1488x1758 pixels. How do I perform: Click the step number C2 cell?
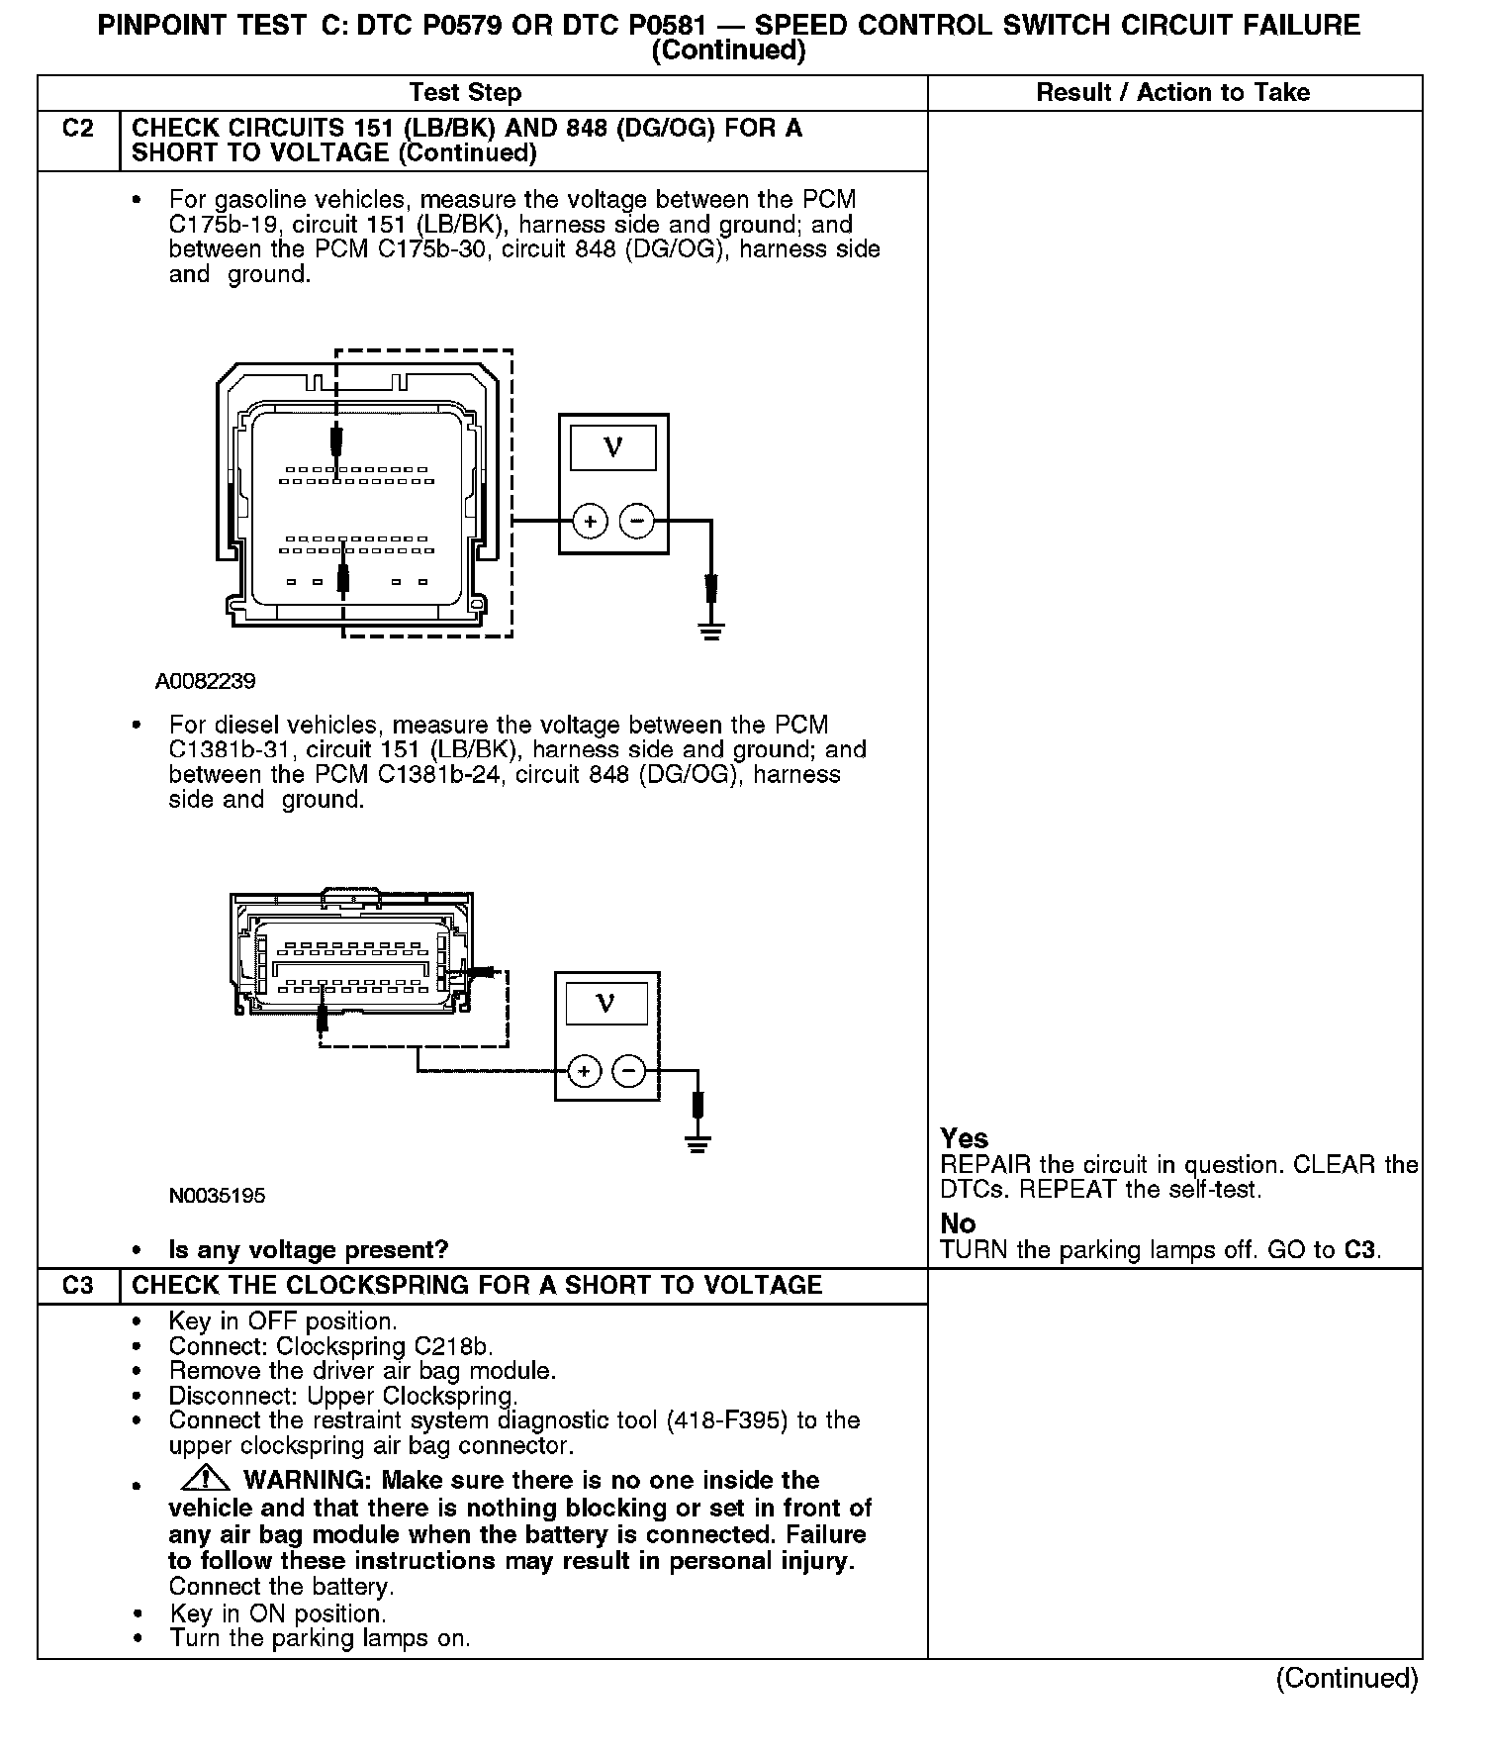(78, 130)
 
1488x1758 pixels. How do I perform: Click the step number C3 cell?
(78, 1286)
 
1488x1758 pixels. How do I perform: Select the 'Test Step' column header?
(465, 93)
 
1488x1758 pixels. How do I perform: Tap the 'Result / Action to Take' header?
(1173, 93)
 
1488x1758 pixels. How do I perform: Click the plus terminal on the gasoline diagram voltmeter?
(590, 521)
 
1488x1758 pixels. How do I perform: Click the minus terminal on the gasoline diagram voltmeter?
(637, 521)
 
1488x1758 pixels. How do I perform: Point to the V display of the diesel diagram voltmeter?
(605, 1004)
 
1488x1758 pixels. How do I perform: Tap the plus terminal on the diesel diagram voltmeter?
(584, 1071)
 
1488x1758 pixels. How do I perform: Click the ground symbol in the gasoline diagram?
(710, 630)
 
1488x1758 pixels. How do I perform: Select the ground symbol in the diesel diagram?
(697, 1144)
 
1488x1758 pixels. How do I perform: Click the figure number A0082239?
(206, 682)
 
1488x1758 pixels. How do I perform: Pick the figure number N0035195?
(217, 1196)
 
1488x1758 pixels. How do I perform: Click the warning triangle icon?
(206, 1480)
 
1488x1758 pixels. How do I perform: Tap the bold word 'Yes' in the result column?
(965, 1138)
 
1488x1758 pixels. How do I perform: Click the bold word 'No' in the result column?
(958, 1223)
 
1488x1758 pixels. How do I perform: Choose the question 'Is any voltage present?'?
(309, 1250)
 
